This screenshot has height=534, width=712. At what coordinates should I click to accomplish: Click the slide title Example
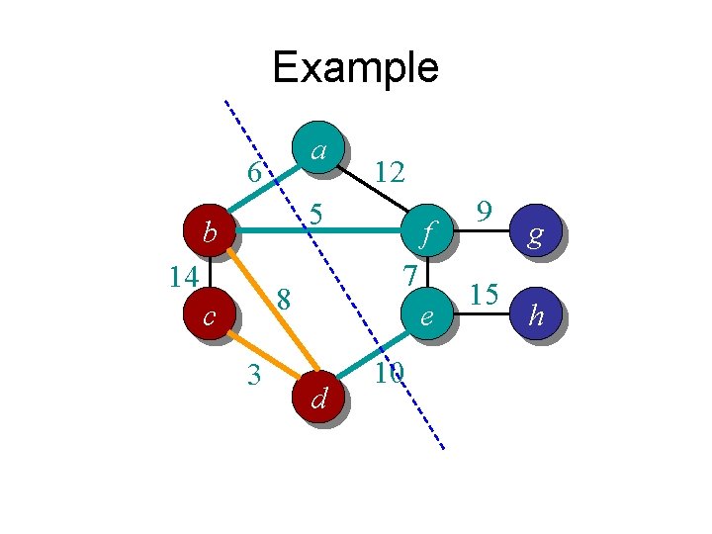[355, 67]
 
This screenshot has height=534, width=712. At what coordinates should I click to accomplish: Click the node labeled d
[318, 397]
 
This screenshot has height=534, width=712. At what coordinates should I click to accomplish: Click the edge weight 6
[254, 172]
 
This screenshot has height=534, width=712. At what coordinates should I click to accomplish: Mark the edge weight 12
[389, 173]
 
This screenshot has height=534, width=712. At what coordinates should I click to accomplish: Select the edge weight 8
[284, 297]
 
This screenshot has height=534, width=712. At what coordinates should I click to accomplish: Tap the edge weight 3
[254, 375]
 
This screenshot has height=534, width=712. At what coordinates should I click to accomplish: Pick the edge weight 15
[484, 295]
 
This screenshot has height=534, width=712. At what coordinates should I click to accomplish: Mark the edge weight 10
[389, 373]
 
